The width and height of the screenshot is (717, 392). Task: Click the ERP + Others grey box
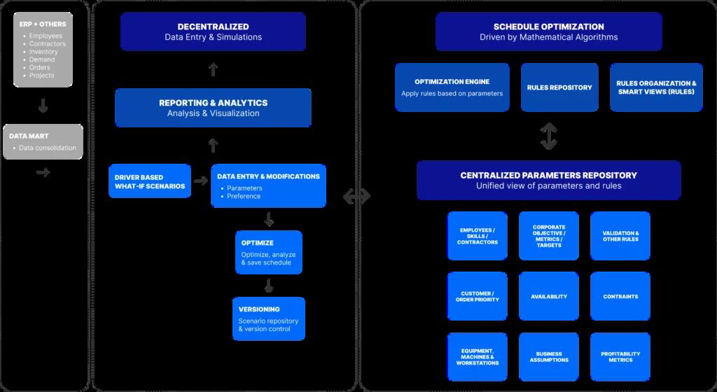coord(43,49)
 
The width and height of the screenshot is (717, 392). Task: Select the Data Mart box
coord(43,141)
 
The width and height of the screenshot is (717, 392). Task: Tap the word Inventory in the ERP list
coord(43,52)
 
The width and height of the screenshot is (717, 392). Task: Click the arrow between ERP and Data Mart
coord(43,106)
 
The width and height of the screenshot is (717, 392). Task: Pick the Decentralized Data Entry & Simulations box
coord(213,31)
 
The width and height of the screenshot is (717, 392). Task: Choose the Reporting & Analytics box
coord(213,107)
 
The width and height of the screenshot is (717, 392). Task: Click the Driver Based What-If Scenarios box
coord(150,181)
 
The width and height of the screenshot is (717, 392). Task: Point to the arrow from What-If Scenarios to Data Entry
coord(201,181)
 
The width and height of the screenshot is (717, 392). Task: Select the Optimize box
coord(268,252)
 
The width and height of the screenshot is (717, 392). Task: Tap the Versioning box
coord(268,318)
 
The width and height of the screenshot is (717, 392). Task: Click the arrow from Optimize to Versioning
coord(268,286)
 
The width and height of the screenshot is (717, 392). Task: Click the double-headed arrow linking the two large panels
coord(356,198)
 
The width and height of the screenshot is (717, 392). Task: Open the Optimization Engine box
coord(452,87)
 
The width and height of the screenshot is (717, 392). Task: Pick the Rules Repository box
coord(559,87)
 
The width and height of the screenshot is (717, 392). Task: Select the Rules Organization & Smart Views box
coord(656,87)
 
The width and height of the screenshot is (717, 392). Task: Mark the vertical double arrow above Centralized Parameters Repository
coord(549,136)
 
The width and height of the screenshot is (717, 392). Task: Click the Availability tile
coord(549,296)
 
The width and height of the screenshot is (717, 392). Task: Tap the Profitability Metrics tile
coord(620,357)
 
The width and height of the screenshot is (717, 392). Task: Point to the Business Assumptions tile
coord(549,357)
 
